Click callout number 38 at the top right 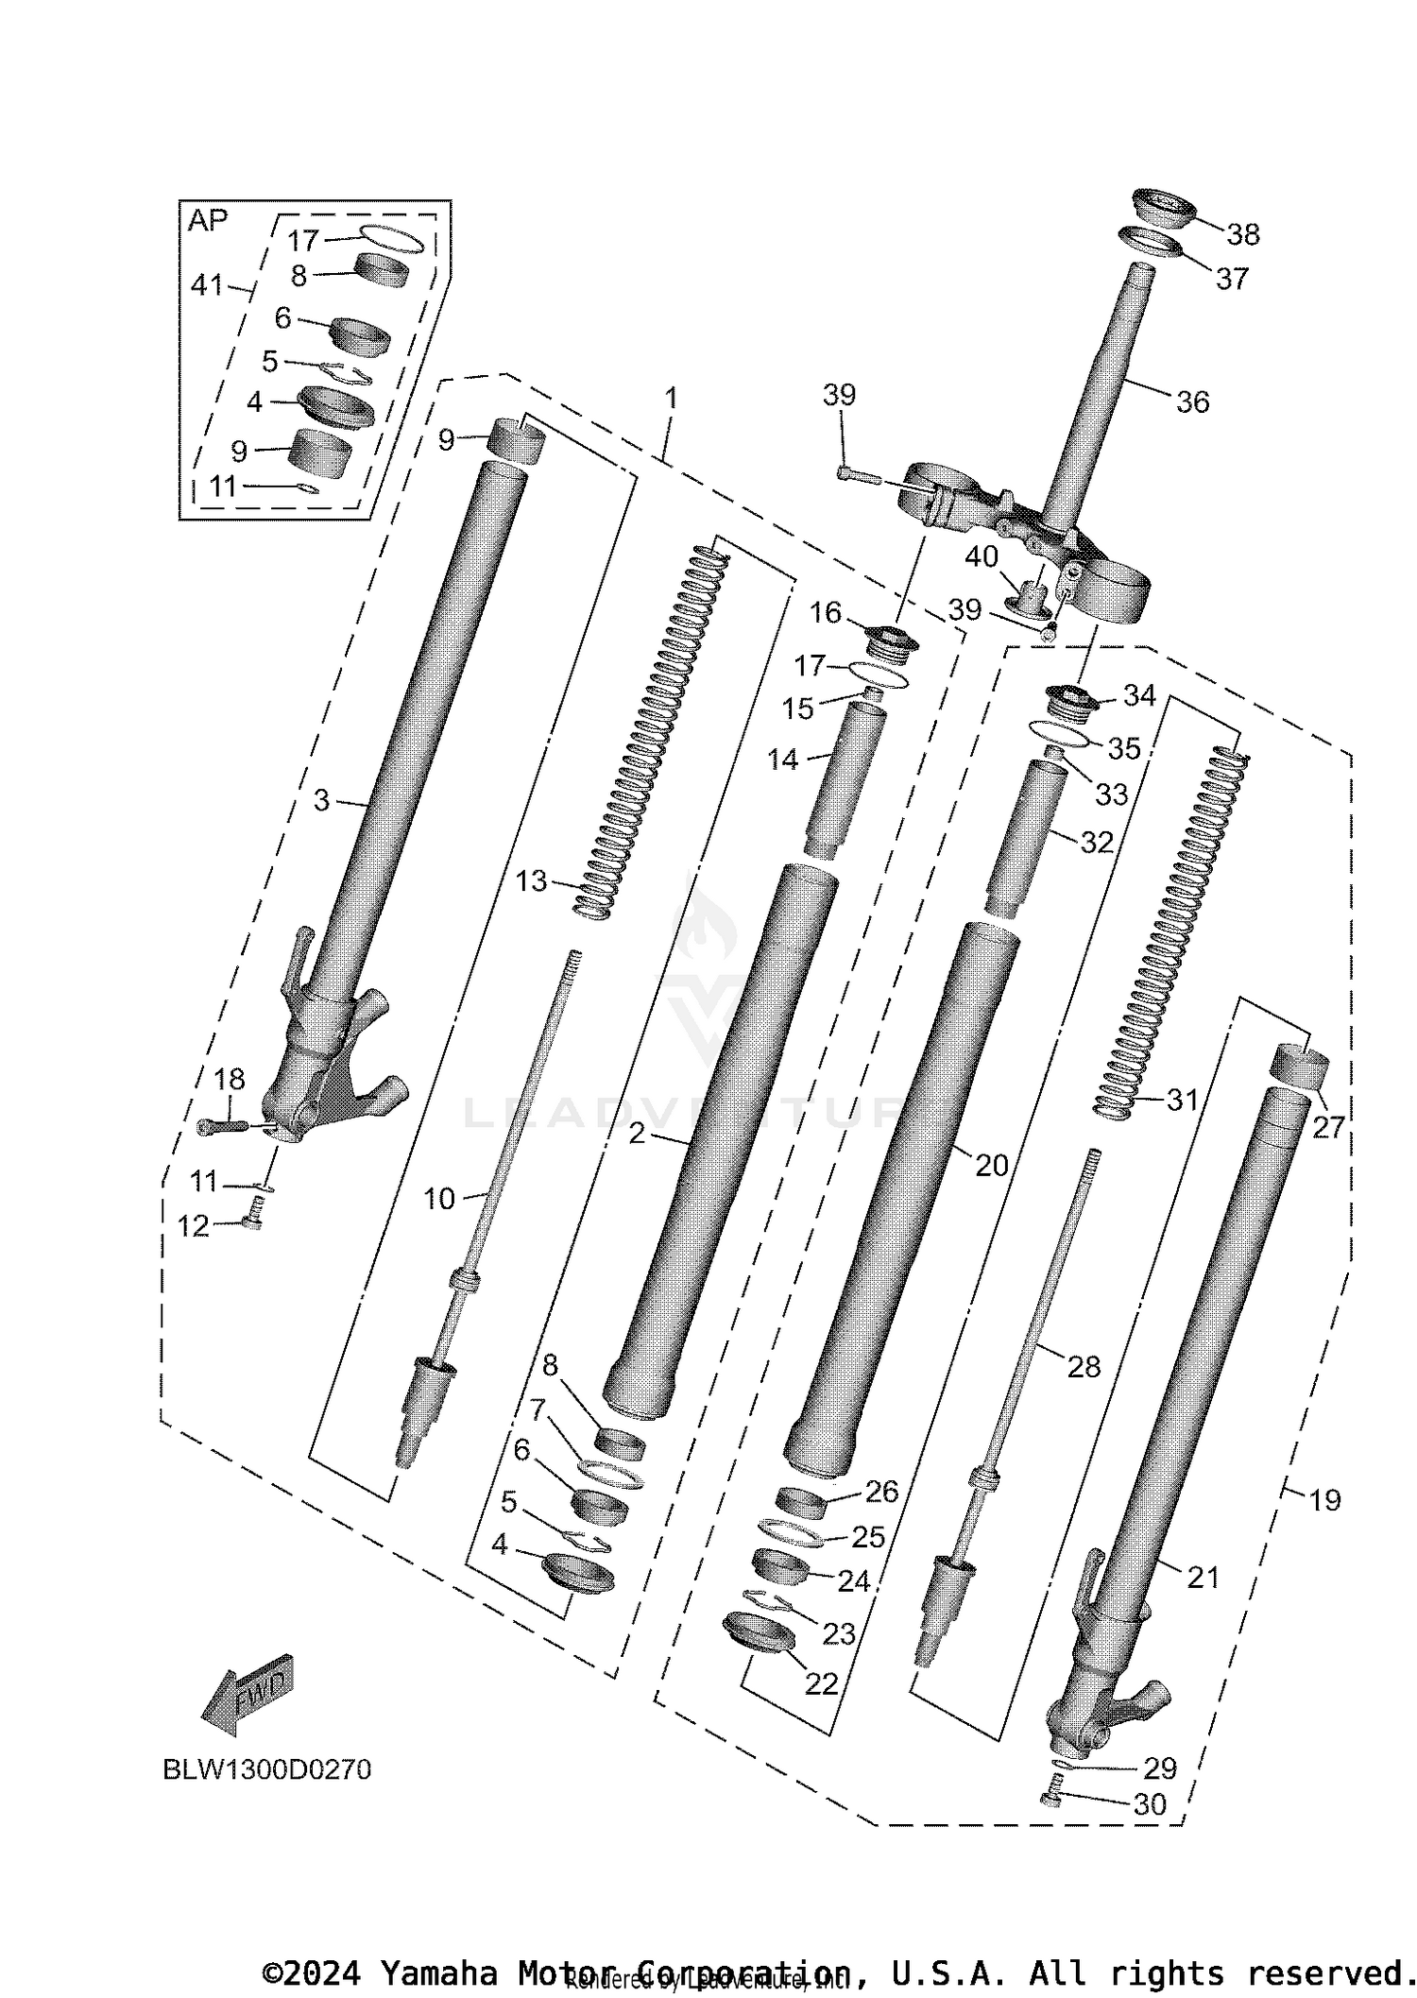[1243, 234]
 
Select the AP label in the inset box [208, 221]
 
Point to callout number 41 [207, 284]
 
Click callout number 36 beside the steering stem [1192, 402]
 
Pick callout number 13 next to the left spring [531, 881]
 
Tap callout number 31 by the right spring [1182, 1100]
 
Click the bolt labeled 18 [221, 1126]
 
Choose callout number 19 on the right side [1325, 1499]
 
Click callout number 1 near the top [671, 399]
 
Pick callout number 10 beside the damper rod [438, 1199]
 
